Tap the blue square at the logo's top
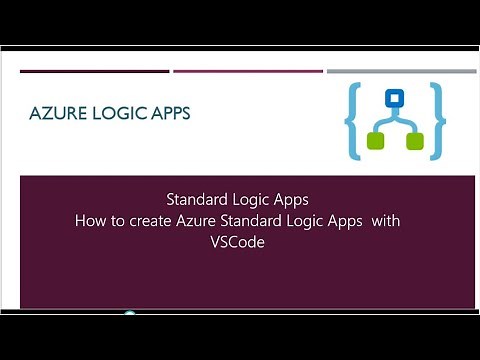tap(394, 98)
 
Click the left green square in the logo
tap(375, 141)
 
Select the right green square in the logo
tap(414, 141)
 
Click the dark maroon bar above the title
tap(94, 71)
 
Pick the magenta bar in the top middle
tap(248, 71)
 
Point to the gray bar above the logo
tap(400, 71)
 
